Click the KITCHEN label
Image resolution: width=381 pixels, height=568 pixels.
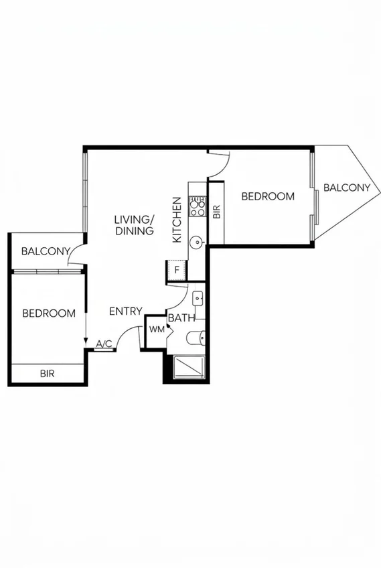coord(177,220)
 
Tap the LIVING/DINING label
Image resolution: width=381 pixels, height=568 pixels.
coord(134,225)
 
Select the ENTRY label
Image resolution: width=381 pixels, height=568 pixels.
coord(125,311)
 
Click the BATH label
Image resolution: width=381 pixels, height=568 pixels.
coord(181,318)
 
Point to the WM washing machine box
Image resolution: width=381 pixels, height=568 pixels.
coord(157,330)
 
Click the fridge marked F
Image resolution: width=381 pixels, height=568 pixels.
coord(177,270)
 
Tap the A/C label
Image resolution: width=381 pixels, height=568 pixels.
coord(104,344)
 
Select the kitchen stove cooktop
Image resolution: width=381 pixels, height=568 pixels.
coord(198,206)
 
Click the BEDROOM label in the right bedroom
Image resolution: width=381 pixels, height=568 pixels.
coord(268,196)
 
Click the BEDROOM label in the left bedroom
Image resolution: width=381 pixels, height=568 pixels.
coord(48,313)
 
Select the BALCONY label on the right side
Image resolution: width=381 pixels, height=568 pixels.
coord(347,188)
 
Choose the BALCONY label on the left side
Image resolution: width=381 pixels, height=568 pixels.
coord(46,251)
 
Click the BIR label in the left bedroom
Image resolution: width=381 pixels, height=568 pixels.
coord(47,374)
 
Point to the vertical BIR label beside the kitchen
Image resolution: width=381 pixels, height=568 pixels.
coord(216,212)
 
